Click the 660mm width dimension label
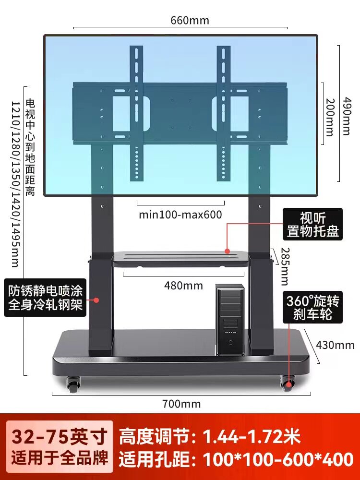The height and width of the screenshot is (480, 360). (x=190, y=21)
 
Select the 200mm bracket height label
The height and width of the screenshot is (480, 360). (x=329, y=117)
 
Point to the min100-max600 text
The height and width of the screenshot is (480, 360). (x=180, y=214)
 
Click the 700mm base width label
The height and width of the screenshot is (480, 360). (x=181, y=404)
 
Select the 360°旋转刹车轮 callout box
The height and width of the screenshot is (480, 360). (x=312, y=308)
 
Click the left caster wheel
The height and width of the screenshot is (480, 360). (x=73, y=384)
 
